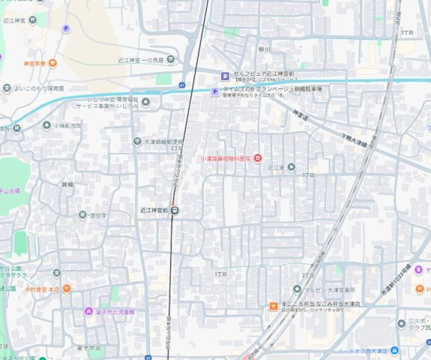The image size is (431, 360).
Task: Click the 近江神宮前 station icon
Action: coord(175,210)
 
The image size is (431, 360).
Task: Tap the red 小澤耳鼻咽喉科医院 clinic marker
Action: coord(258,157)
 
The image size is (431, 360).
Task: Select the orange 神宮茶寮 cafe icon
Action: coord(52,63)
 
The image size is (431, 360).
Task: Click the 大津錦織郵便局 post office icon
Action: coord(137,141)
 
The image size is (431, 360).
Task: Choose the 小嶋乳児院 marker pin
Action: coord(46,125)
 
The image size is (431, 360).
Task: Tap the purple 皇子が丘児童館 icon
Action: coord(88,311)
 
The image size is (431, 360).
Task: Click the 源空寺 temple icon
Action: coord(82,214)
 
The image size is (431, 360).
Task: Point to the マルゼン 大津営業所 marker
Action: coord(297,289)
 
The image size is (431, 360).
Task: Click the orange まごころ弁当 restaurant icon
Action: coord(274,305)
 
